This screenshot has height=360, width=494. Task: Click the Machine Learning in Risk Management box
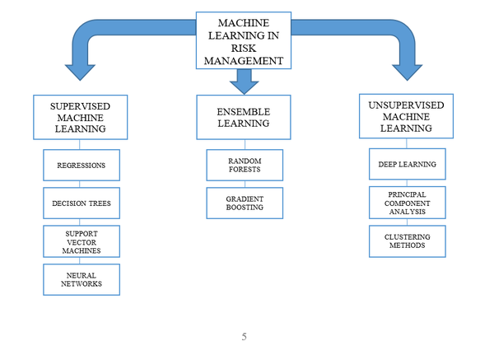point(243,40)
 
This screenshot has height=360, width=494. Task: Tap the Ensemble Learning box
point(243,116)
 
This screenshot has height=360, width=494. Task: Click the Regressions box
point(81,166)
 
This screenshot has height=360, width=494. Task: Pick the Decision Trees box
point(81,203)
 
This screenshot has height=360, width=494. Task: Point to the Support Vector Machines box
point(81,241)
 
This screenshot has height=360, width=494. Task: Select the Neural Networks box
point(81,279)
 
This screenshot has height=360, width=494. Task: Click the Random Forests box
point(244,166)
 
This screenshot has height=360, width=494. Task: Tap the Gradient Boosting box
point(244,203)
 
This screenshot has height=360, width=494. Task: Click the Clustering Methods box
point(407,241)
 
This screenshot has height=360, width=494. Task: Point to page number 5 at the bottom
point(245,336)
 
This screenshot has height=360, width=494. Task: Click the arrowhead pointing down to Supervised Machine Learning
point(81,70)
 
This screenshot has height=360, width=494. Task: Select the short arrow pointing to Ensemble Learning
point(244,81)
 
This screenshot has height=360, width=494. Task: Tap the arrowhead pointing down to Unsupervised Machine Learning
point(407,70)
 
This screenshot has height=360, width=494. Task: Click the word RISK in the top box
point(243,48)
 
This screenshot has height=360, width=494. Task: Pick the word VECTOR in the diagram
point(81,241)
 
